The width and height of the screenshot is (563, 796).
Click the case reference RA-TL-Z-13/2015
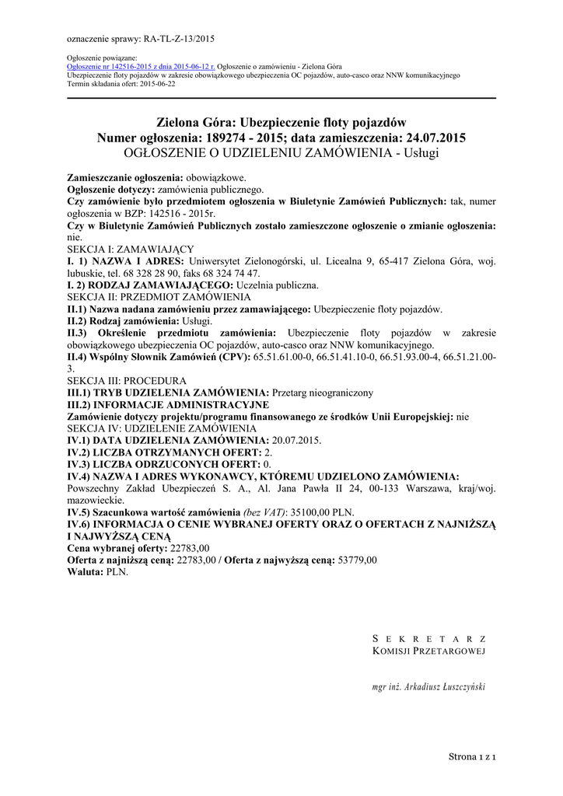click(x=178, y=37)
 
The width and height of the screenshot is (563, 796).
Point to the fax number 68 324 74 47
click(x=226, y=274)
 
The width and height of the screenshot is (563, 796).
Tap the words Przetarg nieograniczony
click(x=323, y=393)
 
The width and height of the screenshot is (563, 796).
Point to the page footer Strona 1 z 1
click(x=472, y=756)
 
